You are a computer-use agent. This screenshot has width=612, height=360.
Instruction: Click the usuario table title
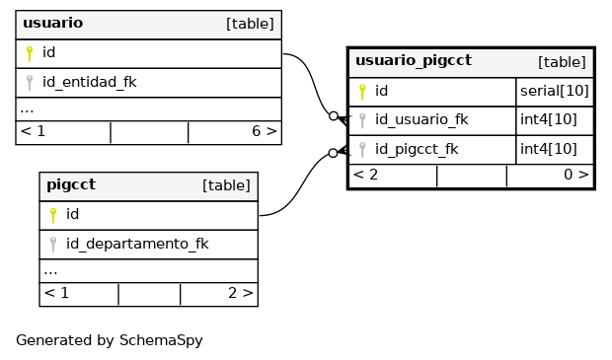pyautogui.click(x=52, y=23)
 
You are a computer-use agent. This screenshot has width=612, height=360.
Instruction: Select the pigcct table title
pyautogui.click(x=71, y=184)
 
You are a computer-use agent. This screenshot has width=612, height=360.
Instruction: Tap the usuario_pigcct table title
pyautogui.click(x=414, y=61)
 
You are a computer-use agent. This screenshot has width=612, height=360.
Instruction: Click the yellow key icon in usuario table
pyautogui.click(x=30, y=53)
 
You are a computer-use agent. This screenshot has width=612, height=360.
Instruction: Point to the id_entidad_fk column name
pyautogui.click(x=90, y=82)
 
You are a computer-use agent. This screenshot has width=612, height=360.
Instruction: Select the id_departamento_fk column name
pyautogui.click(x=137, y=244)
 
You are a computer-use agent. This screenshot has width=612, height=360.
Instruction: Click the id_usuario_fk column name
pyautogui.click(x=421, y=119)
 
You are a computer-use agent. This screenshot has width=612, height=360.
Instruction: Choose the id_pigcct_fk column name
pyautogui.click(x=417, y=149)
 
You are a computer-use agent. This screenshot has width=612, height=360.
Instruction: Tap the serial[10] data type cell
pyautogui.click(x=554, y=91)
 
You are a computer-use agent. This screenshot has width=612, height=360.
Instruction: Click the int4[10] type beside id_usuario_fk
pyautogui.click(x=549, y=119)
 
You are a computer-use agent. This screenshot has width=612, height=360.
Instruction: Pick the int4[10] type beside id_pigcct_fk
pyautogui.click(x=549, y=149)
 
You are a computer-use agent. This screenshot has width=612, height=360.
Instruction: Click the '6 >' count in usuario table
pyautogui.click(x=265, y=131)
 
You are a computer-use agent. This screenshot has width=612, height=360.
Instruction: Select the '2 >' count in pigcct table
pyautogui.click(x=241, y=293)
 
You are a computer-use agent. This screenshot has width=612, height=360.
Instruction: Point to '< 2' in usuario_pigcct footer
pyautogui.click(x=365, y=175)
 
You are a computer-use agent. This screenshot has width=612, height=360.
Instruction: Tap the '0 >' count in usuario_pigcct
pyautogui.click(x=576, y=175)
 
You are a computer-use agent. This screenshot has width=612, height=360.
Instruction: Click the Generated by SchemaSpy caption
pyautogui.click(x=110, y=340)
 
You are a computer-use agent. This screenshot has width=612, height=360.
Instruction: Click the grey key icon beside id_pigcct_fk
pyautogui.click(x=362, y=150)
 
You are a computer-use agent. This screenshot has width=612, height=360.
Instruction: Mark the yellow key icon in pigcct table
pyautogui.click(x=53, y=215)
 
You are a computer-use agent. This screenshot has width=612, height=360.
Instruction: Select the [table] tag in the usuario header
pyautogui.click(x=250, y=24)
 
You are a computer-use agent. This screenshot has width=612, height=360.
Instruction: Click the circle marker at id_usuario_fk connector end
pyautogui.click(x=334, y=115)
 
